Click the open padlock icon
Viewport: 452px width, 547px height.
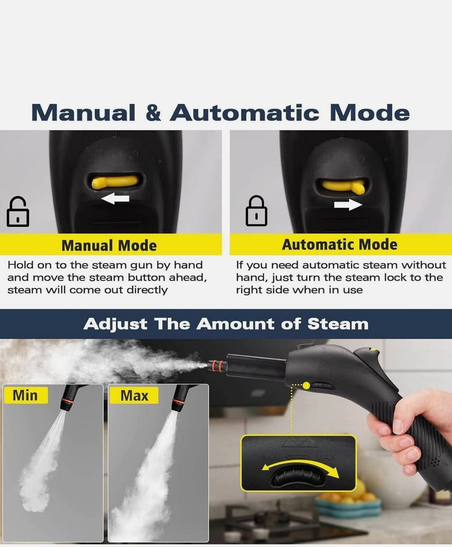[18, 211]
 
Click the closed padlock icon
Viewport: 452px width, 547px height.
[257, 211]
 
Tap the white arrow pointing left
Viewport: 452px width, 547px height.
[115, 199]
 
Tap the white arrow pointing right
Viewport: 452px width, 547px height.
[348, 204]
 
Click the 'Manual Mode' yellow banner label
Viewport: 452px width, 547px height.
[109, 245]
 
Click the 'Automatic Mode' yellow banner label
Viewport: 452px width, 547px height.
[339, 244]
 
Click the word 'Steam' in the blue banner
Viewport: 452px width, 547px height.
[338, 324]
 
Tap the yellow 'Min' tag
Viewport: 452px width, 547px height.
[26, 395]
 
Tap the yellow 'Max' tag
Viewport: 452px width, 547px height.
[134, 395]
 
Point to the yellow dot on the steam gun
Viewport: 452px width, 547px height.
[306, 385]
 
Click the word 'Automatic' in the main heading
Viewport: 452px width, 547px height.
[245, 113]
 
